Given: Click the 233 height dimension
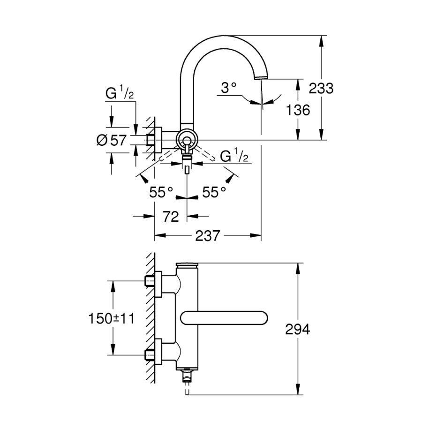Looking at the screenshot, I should (321, 88).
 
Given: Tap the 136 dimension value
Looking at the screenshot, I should (298, 110).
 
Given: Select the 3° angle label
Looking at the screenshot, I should (229, 87).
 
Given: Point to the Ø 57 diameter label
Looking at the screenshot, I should (111, 140).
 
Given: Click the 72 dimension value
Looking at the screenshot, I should (171, 216).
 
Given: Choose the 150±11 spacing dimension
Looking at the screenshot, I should (112, 318).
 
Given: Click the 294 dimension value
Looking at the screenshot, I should (298, 330).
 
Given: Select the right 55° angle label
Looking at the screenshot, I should (214, 192).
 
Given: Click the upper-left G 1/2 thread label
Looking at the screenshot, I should (120, 94).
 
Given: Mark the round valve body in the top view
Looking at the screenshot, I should (187, 140).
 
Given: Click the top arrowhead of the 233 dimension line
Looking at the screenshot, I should (321, 39).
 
